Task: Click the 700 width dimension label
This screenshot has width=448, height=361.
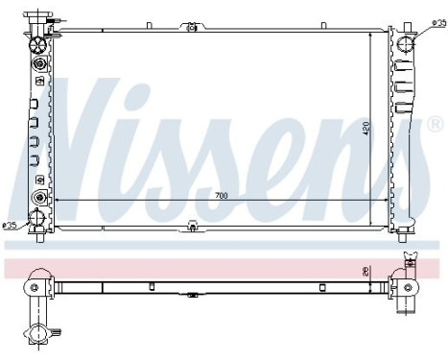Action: tap(221, 195)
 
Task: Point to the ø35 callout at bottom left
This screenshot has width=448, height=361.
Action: tap(11, 227)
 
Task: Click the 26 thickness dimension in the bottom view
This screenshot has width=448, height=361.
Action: tap(365, 271)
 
